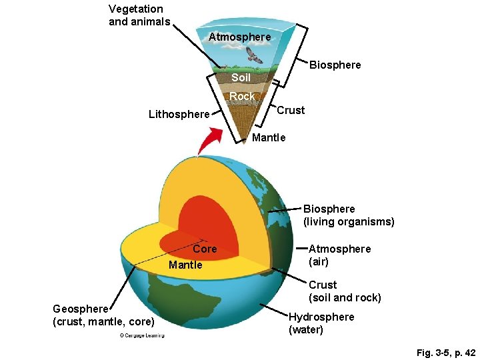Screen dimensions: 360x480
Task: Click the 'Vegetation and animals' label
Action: [x=136, y=15]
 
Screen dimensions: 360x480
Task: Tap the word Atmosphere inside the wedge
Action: [x=239, y=37]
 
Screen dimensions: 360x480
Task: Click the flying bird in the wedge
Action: [x=254, y=55]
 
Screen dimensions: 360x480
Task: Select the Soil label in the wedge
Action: [x=241, y=78]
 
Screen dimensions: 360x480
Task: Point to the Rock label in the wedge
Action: [x=242, y=97]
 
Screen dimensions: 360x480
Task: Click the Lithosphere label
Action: [x=179, y=114]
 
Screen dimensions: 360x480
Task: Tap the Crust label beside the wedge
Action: [x=291, y=110]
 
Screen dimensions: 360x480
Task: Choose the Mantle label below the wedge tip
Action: [x=269, y=137]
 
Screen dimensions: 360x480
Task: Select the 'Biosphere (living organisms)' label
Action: [x=348, y=215]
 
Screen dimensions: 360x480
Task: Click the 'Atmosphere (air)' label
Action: [x=339, y=255]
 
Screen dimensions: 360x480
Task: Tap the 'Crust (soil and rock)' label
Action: [x=344, y=291]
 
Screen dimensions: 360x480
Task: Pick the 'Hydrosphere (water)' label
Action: [x=321, y=323]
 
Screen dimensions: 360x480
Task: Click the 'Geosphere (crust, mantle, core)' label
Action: [x=103, y=316]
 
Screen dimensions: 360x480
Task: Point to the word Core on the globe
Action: [x=205, y=249]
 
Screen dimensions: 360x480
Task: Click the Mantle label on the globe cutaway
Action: [x=185, y=265]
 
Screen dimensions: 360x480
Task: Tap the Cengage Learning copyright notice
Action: [x=141, y=335]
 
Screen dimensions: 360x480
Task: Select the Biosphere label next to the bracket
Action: [x=335, y=65]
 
